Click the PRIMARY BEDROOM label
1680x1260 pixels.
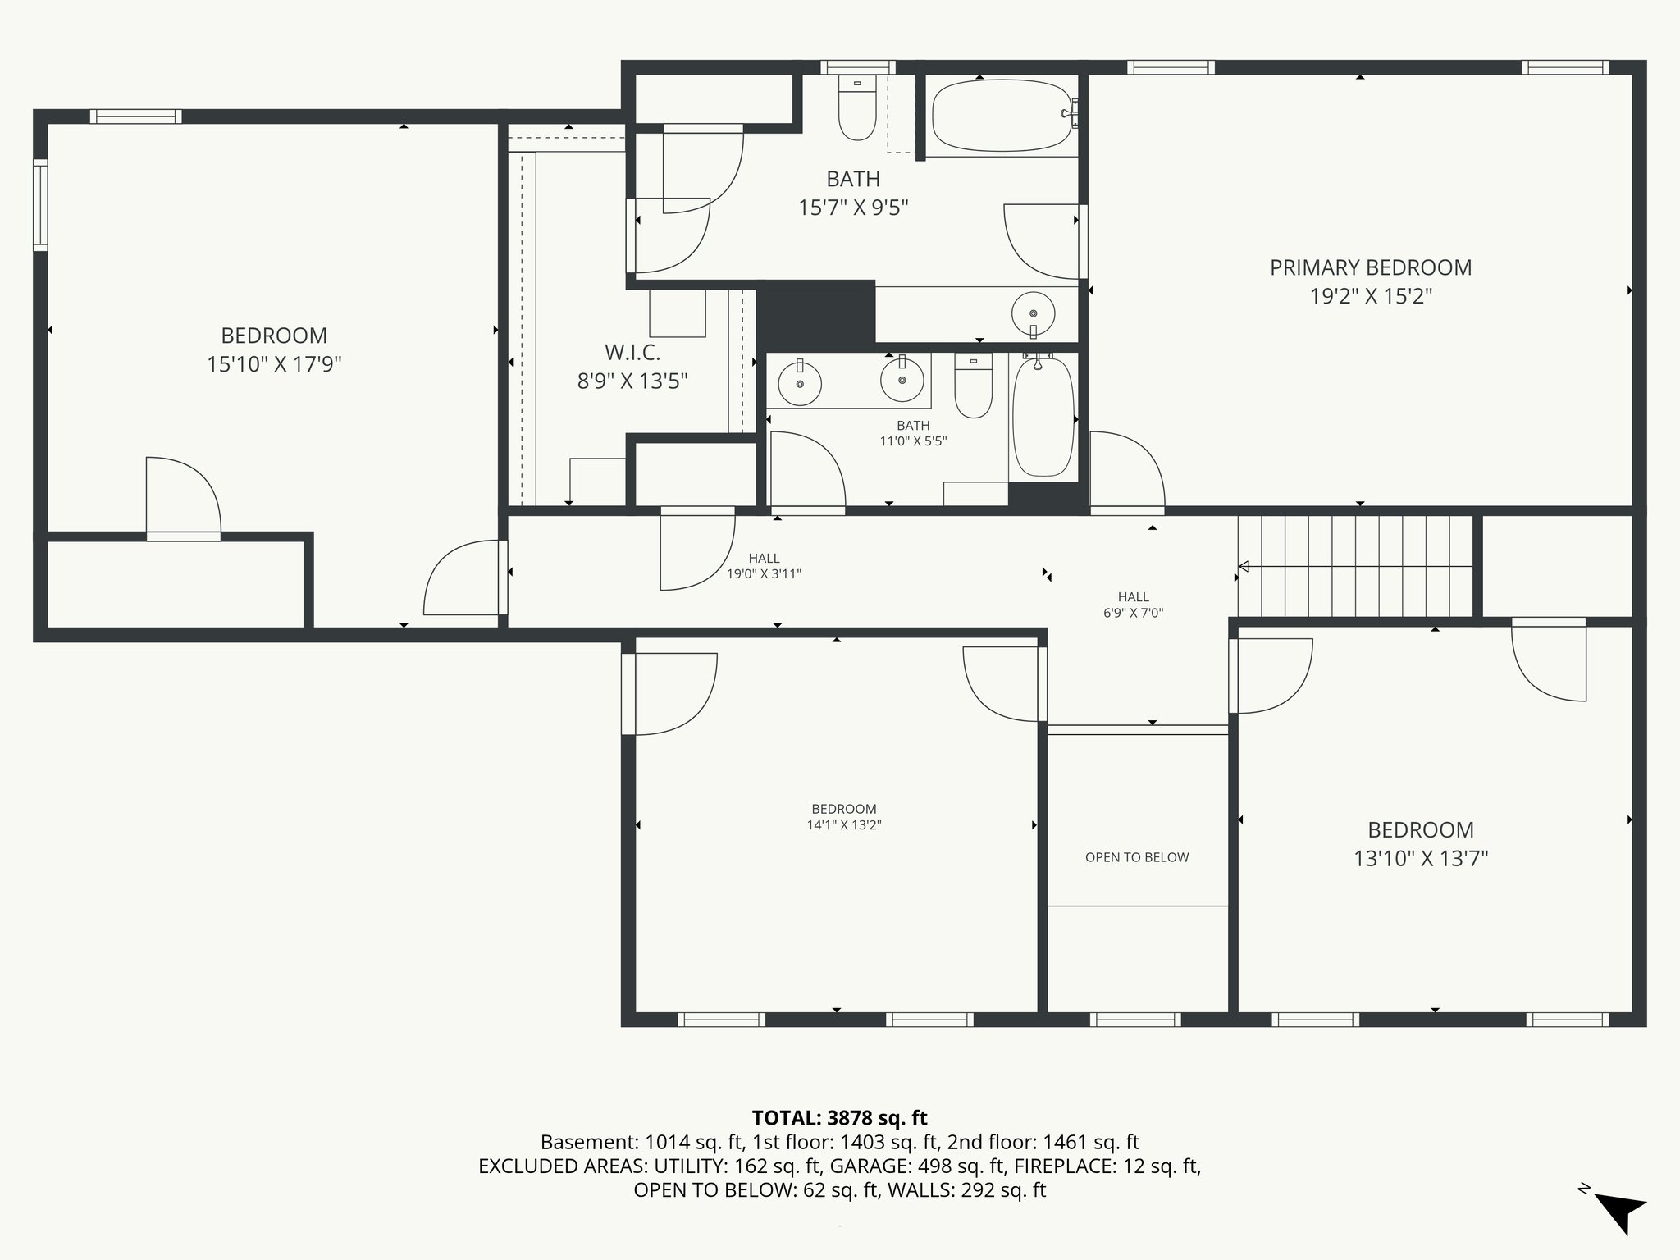[1370, 267]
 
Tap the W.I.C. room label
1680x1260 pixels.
[632, 353]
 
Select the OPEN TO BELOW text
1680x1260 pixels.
[1136, 857]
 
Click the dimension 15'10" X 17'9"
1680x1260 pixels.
[274, 364]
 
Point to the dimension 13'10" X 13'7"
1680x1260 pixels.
[1420, 859]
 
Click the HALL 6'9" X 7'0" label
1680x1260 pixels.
[1133, 605]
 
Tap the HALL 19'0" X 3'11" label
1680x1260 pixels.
[764, 566]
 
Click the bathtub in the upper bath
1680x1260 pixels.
[1002, 116]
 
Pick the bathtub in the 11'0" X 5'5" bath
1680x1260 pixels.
[1043, 418]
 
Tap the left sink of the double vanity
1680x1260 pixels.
[800, 383]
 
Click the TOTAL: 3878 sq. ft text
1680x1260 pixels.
[839, 1118]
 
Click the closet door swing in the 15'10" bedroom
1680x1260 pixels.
[183, 497]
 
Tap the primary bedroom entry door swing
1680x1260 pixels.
[1126, 472]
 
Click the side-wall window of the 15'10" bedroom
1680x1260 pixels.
[40, 205]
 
